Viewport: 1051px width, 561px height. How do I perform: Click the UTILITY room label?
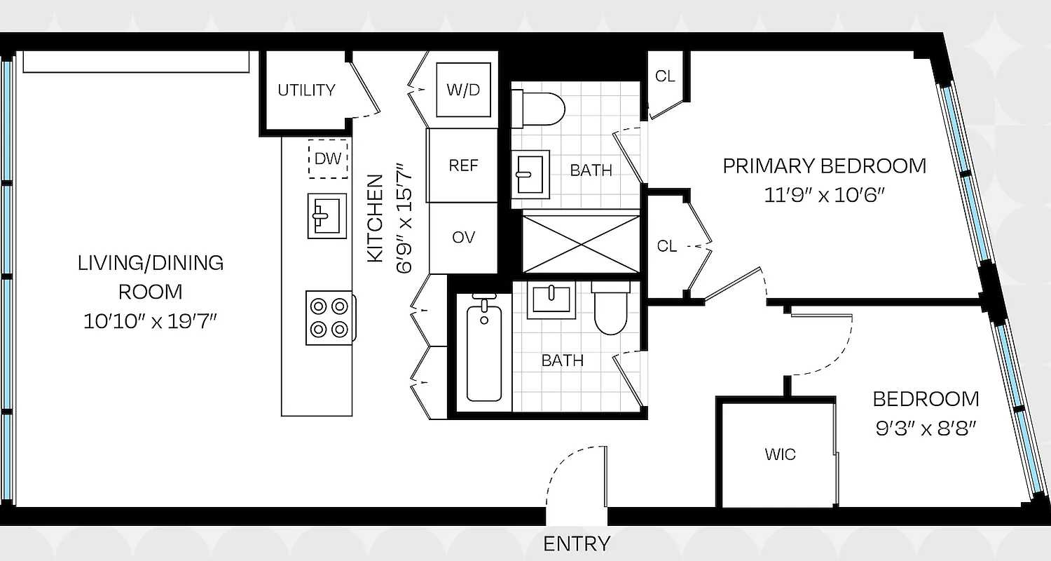[306, 90]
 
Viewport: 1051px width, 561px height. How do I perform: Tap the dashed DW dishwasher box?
[327, 158]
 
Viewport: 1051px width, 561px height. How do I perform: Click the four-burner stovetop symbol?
[329, 318]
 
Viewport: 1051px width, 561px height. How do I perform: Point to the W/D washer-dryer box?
[463, 90]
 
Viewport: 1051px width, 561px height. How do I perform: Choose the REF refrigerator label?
[463, 165]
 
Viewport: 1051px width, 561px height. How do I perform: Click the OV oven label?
[463, 238]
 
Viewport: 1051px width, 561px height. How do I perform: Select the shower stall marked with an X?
[581, 242]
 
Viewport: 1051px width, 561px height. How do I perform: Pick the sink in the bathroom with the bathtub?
[552, 299]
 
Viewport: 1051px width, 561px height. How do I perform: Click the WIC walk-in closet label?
[780, 454]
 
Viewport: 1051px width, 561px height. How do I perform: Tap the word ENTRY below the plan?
[577, 543]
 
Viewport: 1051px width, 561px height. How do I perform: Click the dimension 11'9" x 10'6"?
[825, 194]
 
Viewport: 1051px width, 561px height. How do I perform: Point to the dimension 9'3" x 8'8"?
[926, 428]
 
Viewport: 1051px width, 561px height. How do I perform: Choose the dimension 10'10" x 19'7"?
[151, 322]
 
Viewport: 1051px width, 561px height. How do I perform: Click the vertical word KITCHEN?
[376, 218]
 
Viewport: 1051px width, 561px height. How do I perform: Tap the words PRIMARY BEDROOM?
[825, 166]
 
